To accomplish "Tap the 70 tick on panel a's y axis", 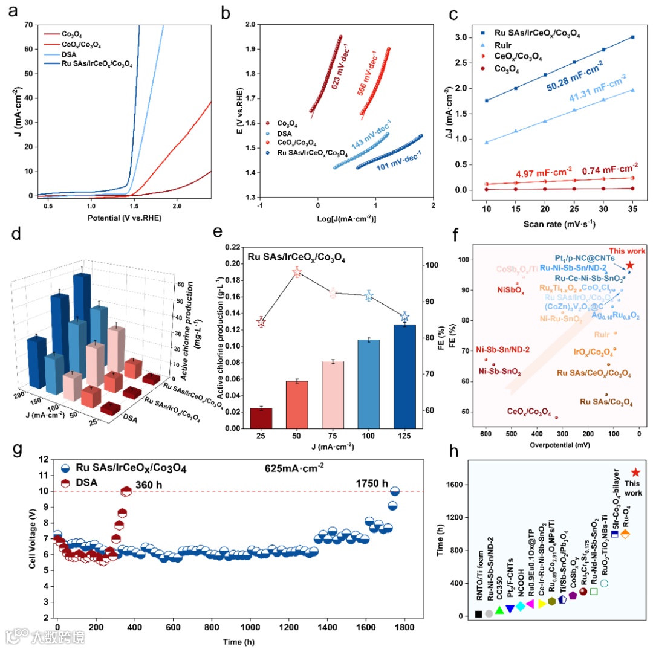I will coord(28,25).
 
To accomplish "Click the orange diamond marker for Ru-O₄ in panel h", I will coord(626,534).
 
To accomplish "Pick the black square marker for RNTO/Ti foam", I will coord(478,614).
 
